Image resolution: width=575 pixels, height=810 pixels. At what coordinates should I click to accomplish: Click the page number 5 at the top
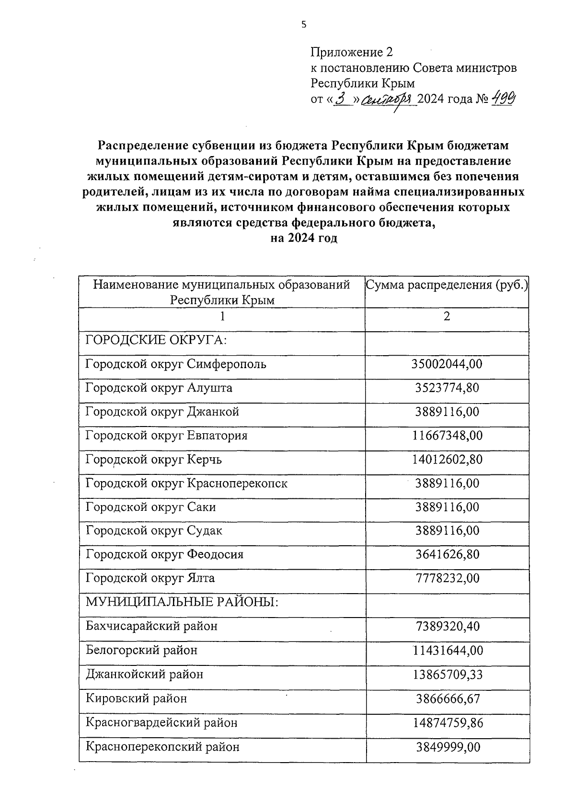coord(303,25)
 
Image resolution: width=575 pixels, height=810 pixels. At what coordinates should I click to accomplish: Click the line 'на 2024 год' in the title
coord(304,238)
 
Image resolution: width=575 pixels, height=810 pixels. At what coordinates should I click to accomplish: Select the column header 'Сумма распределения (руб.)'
coord(447,286)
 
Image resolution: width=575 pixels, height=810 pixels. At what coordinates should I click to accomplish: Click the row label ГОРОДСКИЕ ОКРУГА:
coord(156,340)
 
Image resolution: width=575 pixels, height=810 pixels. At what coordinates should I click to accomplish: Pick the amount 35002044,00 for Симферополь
coord(447,364)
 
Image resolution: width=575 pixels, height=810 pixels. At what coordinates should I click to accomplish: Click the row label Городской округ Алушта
coord(159,388)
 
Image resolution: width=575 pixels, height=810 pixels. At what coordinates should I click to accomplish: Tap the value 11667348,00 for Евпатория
coord(447,436)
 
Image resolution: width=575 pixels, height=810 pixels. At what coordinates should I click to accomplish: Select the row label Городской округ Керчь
coord(153,460)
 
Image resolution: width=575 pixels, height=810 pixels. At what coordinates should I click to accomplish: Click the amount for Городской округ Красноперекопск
coord(447,484)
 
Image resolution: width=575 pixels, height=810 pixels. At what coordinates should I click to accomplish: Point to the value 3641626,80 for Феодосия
coord(447,554)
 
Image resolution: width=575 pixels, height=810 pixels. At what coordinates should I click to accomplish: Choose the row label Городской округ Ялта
coord(150,578)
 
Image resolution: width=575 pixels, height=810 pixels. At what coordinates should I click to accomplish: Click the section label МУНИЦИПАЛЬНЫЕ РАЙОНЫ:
coord(182,602)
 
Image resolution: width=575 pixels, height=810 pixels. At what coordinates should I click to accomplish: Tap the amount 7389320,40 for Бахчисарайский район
coord(447,626)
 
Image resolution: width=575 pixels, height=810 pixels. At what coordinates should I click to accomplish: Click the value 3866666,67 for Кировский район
coord(447,699)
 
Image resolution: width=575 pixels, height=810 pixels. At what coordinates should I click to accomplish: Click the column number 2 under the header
coord(447,316)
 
